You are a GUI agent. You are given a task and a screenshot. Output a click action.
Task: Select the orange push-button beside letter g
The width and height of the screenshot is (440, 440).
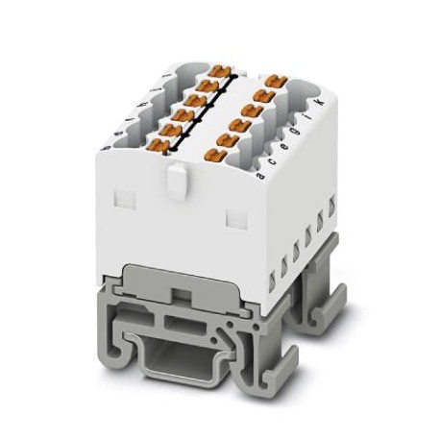tap(254, 110)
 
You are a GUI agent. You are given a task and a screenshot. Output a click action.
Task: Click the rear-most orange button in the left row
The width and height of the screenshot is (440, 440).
tap(219, 71)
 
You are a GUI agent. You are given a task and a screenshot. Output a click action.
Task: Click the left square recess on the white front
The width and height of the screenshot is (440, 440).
tap(120, 199)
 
